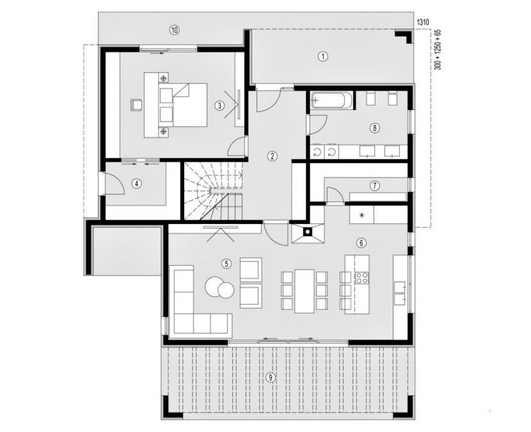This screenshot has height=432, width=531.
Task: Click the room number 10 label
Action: [174, 30]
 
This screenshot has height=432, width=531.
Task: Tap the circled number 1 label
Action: [323, 56]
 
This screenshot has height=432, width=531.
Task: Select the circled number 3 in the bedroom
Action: [220, 106]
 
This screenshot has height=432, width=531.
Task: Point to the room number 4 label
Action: [136, 184]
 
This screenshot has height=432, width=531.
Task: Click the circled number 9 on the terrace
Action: [270, 377]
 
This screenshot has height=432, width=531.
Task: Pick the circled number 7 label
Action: [375, 185]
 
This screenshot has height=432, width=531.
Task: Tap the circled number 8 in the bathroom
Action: [374, 128]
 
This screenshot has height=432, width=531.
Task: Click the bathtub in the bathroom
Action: [332, 100]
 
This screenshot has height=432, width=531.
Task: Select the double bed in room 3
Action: [183, 105]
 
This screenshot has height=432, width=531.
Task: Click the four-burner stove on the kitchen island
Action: [362, 278]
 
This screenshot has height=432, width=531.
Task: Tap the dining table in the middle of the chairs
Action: [304, 291]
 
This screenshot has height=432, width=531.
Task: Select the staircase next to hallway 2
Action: [214, 191]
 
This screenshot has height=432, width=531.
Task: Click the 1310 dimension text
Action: [423, 23]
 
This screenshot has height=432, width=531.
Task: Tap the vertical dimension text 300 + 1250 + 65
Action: [438, 50]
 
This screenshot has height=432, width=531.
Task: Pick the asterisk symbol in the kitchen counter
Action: [362, 215]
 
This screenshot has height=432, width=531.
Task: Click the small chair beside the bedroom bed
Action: [137, 105]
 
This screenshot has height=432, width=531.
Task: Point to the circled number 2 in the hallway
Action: [272, 156]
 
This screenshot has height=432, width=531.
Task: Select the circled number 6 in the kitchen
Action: [361, 243]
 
